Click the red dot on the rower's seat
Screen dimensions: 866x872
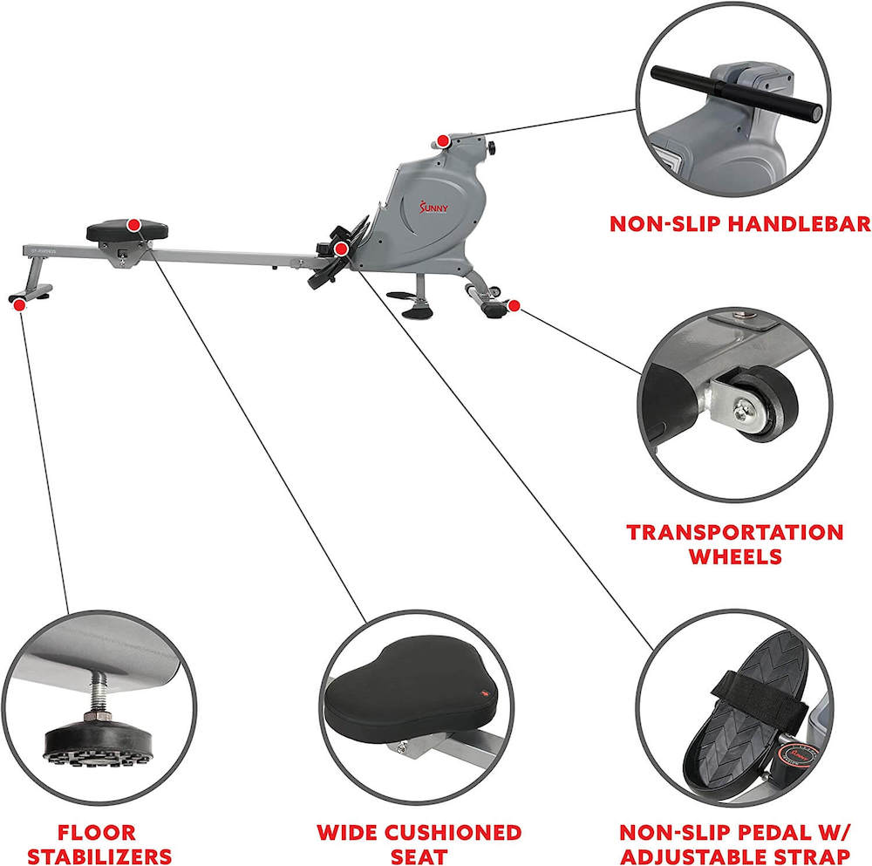(x=133, y=225)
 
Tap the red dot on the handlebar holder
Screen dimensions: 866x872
(x=443, y=141)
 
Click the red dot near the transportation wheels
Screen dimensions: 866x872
(x=514, y=305)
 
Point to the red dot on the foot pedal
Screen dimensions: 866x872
(x=342, y=249)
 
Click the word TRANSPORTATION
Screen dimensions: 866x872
(x=735, y=532)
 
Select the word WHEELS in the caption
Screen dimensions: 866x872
(x=735, y=557)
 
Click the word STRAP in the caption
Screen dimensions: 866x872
(x=814, y=856)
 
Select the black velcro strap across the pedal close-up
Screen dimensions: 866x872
(x=751, y=683)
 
